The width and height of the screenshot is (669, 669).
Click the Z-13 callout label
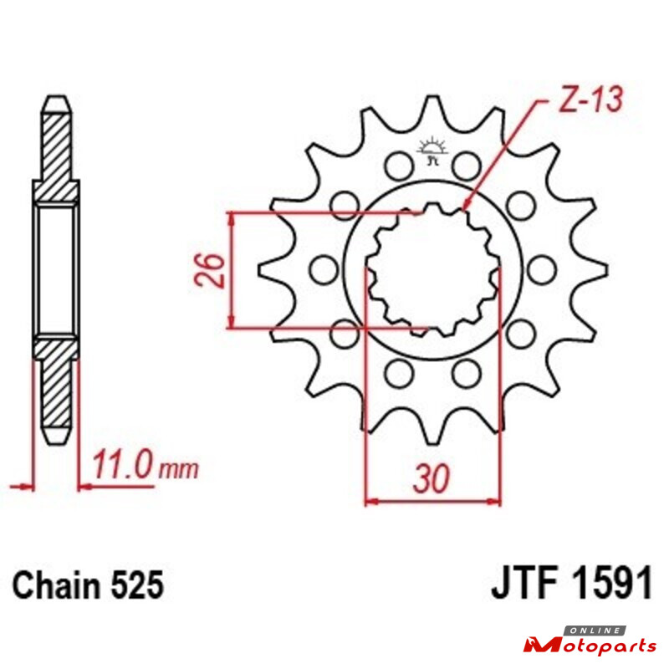tap(591, 100)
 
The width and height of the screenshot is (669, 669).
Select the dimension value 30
tap(432, 477)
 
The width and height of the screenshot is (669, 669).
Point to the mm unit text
tap(178, 469)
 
